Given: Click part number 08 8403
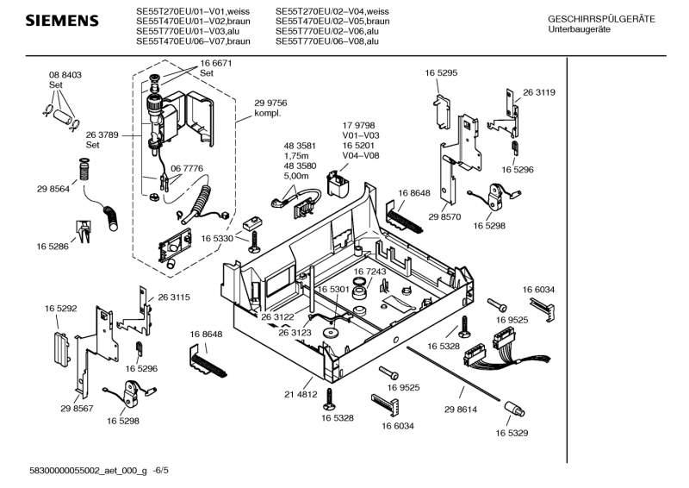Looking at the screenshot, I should pyautogui.click(x=65, y=76).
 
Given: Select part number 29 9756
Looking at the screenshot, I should pyautogui.click(x=270, y=103).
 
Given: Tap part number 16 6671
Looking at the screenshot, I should pyautogui.click(x=216, y=64).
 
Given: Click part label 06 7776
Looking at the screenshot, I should pyautogui.click(x=187, y=168).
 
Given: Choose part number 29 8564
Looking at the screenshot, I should pyautogui.click(x=53, y=189).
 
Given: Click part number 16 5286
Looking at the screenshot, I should pyautogui.click(x=53, y=247).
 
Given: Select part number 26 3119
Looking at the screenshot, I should pyautogui.click(x=539, y=92).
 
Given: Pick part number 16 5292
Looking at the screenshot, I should pyautogui.click(x=61, y=307).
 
